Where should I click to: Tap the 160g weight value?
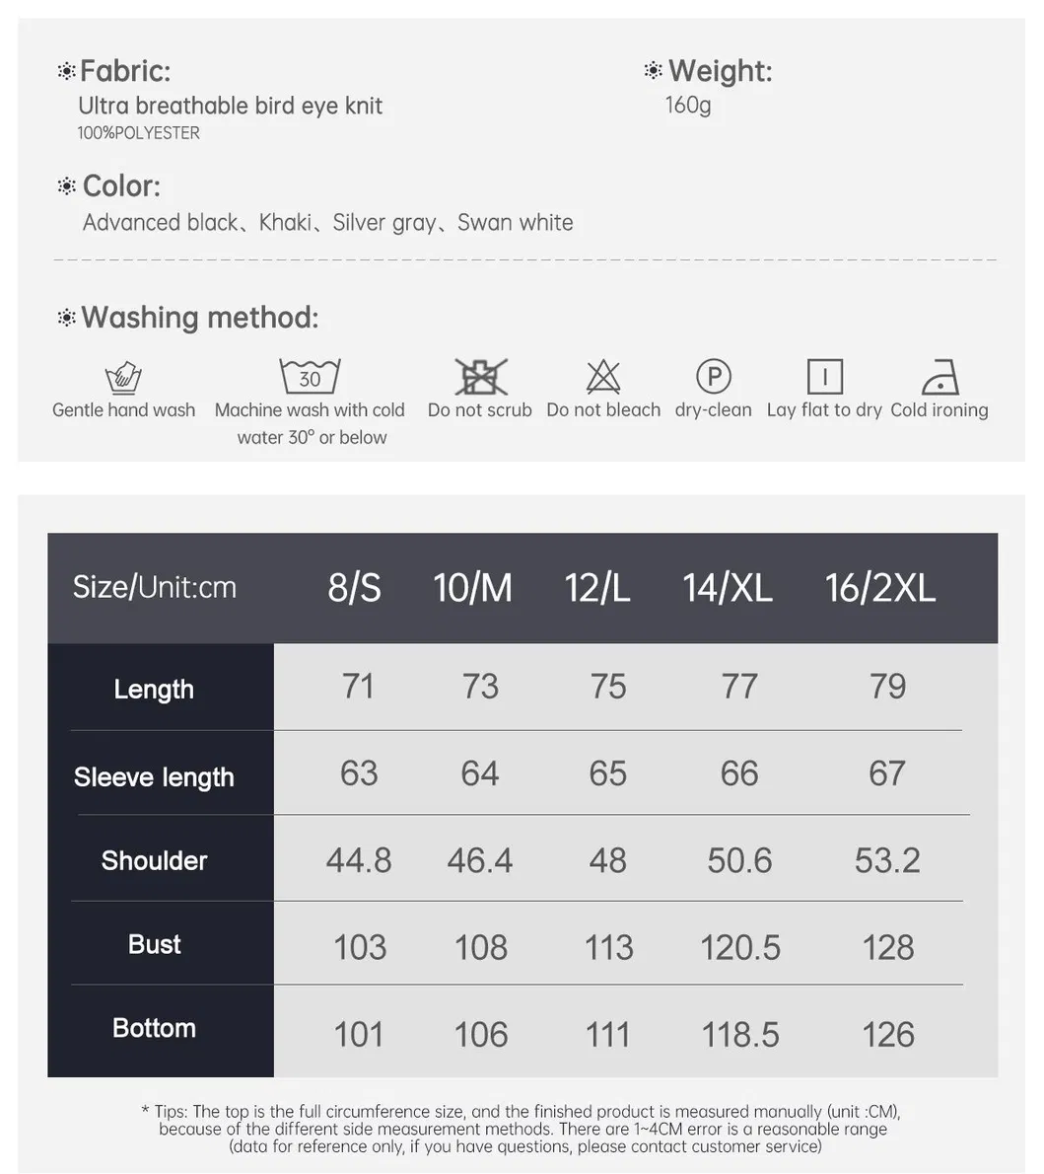tap(687, 105)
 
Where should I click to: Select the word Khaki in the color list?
tap(285, 223)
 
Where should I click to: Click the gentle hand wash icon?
tap(123, 377)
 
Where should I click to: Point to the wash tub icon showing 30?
tap(310, 377)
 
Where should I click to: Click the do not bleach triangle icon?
tap(603, 377)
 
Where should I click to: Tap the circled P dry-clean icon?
tap(713, 376)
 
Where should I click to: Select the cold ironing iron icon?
tap(940, 377)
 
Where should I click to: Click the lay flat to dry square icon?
tap(824, 377)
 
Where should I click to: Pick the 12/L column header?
tap(596, 588)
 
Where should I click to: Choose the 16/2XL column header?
tap(879, 588)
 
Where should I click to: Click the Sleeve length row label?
tap(154, 777)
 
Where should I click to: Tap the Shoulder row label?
tap(154, 860)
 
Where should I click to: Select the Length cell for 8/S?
tap(358, 687)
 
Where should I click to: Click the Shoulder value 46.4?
tap(479, 860)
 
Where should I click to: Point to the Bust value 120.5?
tap(739, 948)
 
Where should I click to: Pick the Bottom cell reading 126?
tap(887, 1035)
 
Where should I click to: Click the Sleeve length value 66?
tap(739, 773)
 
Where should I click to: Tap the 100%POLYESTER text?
tap(139, 133)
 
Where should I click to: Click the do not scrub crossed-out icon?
tap(480, 377)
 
